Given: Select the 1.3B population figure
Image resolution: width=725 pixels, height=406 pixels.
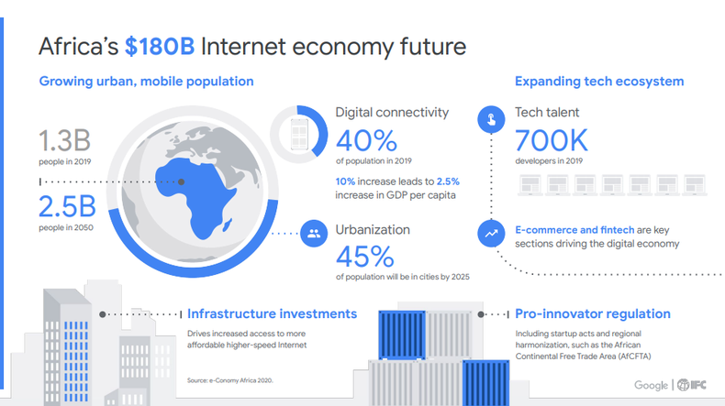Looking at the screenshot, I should [x=63, y=143].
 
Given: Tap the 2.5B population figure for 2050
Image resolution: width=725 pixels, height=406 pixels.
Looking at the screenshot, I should [x=65, y=206].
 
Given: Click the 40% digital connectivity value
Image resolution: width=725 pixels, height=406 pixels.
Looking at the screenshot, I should [x=366, y=140].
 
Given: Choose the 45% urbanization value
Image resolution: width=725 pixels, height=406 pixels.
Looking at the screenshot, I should [x=366, y=256].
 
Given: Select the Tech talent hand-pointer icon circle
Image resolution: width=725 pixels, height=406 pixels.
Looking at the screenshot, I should [x=491, y=119].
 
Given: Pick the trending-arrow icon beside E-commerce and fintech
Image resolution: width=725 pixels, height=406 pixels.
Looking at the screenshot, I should [x=491, y=235].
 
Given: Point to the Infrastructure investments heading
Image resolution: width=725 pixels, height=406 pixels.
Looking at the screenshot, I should [x=272, y=313].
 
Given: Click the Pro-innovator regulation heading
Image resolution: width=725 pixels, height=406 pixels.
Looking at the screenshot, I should [x=592, y=313].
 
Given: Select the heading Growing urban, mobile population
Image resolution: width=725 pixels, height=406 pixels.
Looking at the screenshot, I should [x=146, y=82].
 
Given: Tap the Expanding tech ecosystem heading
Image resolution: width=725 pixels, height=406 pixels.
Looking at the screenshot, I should [x=599, y=82].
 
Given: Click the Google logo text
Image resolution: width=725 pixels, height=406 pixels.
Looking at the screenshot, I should [x=651, y=386].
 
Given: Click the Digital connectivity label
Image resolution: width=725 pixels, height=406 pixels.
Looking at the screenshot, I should [x=392, y=113].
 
